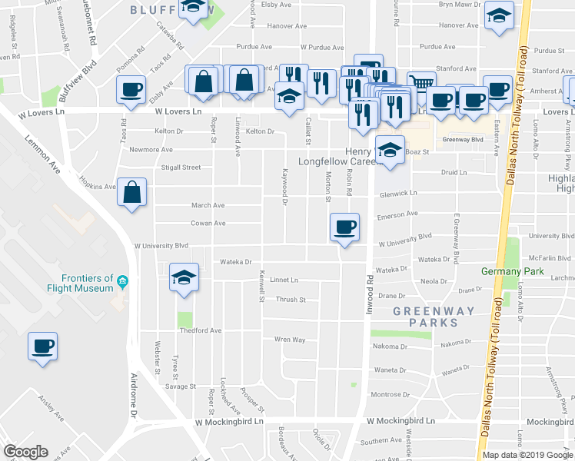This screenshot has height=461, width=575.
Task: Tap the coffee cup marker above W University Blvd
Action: [344, 227]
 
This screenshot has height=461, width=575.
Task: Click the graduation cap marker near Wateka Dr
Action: [184, 277]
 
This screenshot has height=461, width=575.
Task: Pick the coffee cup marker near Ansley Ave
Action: [42, 345]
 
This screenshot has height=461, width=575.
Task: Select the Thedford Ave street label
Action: [200, 330]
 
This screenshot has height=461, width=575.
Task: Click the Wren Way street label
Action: [290, 339]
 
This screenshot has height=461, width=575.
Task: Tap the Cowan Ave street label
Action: [208, 224]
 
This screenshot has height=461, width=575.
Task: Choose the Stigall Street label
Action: [181, 167]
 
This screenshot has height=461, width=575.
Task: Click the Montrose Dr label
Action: [389, 394]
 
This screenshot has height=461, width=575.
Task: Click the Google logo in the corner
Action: [25, 451]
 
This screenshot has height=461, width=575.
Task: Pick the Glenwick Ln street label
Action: [397, 194]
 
